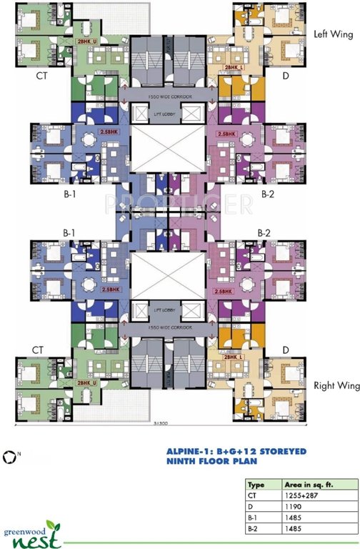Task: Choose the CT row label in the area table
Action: pyautogui.click(x=252, y=494)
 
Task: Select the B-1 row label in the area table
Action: pyautogui.click(x=253, y=515)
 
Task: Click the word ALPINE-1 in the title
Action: pyautogui.click(x=187, y=452)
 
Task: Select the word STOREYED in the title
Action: pyautogui.click(x=274, y=452)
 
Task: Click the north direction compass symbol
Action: pyautogui.click(x=9, y=455)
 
